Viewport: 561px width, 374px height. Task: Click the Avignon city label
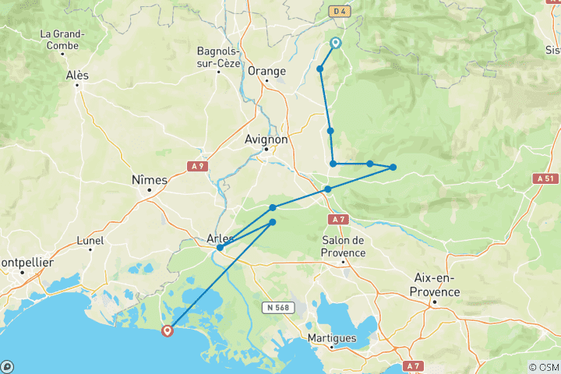click(266, 139)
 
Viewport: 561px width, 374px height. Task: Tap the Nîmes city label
click(150, 180)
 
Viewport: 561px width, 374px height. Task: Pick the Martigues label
click(332, 338)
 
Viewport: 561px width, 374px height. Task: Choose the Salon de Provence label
click(343, 247)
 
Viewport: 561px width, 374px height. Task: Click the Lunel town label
click(91, 242)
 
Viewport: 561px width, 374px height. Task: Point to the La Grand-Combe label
click(68, 40)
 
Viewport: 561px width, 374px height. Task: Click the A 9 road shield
click(198, 165)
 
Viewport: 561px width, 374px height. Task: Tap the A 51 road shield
click(546, 178)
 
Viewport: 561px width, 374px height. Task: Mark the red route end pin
click(167, 330)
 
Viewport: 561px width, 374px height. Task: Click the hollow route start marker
click(336, 44)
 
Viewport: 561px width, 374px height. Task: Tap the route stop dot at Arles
click(221, 248)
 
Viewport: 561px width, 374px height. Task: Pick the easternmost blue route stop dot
click(393, 168)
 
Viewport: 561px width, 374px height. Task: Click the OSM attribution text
click(543, 367)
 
